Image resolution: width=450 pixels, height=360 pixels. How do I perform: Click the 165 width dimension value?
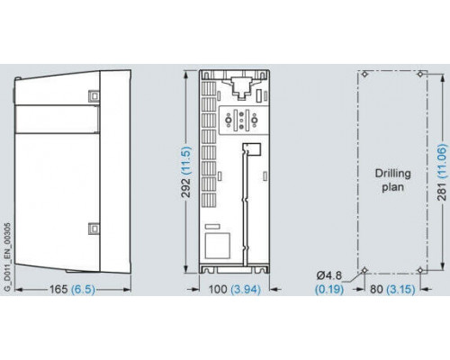coord(58,289)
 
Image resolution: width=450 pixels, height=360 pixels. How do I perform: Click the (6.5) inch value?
coord(83,289)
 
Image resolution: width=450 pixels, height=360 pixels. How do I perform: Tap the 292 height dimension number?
coord(186,188)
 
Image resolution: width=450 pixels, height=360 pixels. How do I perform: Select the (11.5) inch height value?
coord(186,160)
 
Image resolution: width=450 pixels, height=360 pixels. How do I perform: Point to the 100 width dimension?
coord(218,289)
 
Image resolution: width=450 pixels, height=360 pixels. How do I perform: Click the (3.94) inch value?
coord(246,289)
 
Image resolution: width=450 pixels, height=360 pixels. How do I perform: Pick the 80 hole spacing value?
coord(376,289)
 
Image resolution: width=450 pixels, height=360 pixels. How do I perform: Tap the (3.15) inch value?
coord(400,289)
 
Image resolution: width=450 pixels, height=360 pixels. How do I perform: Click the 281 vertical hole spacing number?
coord(442,191)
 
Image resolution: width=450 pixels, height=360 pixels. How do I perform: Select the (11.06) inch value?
coord(442,161)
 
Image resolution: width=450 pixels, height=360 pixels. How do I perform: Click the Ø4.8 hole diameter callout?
coord(329,275)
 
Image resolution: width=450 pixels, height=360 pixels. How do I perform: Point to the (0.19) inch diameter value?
coord(329,289)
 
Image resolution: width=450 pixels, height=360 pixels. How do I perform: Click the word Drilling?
coord(392,174)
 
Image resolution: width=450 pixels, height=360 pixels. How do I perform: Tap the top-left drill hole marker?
coord(364,74)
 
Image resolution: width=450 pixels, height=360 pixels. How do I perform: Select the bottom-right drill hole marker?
coord(420,270)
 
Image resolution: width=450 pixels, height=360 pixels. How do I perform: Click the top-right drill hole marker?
coord(420,74)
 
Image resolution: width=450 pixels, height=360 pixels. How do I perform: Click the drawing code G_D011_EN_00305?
coord(8,256)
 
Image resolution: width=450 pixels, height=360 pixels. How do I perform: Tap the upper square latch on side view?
coord(94,96)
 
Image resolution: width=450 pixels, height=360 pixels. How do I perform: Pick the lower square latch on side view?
coord(94,229)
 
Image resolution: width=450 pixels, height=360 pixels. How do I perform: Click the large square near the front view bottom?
coord(218,246)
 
